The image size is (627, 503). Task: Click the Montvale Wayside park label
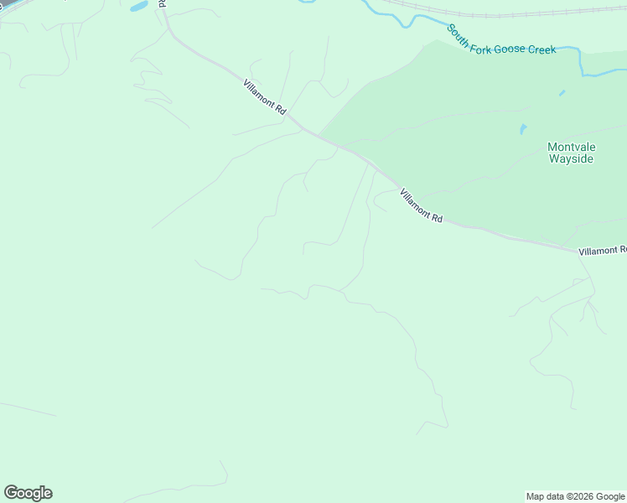coord(570,152)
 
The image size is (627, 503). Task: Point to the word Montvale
coord(570,146)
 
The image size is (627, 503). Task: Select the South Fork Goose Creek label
coord(500,40)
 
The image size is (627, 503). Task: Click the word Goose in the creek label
coord(516,46)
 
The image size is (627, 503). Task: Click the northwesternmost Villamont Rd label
coord(265,97)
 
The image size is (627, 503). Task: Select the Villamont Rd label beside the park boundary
coord(421,205)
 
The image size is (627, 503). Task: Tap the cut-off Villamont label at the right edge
coord(602,250)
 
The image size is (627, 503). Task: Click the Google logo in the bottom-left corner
coord(28,493)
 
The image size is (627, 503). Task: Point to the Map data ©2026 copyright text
coord(575,496)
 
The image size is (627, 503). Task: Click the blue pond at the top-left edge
coord(138,6)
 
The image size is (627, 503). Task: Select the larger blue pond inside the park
coord(523,129)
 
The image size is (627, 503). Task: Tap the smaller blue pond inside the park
coord(562,92)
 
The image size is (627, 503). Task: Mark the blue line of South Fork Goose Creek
coord(578,59)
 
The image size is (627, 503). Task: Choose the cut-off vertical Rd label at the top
coord(163,5)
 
